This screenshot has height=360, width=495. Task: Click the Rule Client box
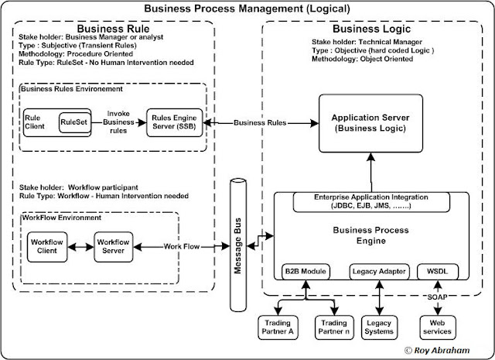(x=34, y=124)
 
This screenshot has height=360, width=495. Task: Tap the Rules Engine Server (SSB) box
(x=175, y=122)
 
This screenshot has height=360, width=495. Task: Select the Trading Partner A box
(x=274, y=324)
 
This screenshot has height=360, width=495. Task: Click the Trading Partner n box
(x=334, y=324)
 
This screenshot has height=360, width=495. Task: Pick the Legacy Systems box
(x=381, y=324)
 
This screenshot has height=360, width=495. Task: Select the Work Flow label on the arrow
(x=182, y=246)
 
